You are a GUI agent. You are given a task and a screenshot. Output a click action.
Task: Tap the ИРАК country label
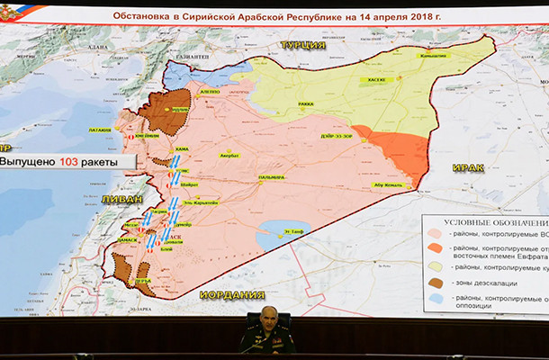[x=468, y=168]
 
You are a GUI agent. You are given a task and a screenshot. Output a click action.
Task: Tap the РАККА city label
[x=305, y=104]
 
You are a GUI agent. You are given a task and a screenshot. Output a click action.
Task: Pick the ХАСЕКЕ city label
[x=374, y=79]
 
